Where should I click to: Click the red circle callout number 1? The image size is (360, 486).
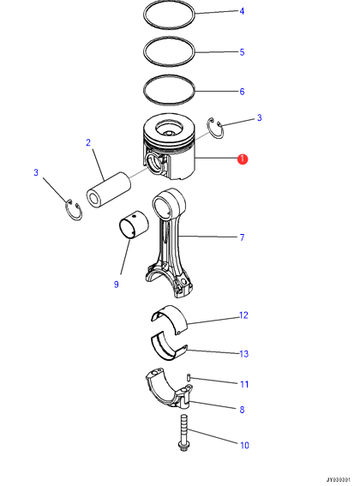tap(243, 159)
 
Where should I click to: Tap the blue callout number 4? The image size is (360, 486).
tap(242, 11)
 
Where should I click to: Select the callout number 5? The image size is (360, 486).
tap(242, 52)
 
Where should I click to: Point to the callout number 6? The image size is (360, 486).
tap(242, 92)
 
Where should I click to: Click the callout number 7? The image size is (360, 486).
tap(243, 237)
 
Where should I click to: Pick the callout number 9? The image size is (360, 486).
tap(117, 285)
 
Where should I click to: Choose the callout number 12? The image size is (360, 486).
tap(243, 315)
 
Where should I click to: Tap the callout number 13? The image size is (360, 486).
tap(244, 354)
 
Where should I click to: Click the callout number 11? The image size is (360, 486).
tap(244, 384)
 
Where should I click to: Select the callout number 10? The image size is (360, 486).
tap(244, 446)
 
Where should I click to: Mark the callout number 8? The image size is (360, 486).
tap(243, 410)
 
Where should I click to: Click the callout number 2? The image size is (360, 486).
tap(88, 142)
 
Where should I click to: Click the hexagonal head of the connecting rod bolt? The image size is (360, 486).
tap(183, 447)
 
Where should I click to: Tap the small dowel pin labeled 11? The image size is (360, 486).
tap(189, 378)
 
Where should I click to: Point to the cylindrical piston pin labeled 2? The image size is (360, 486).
tap(108, 190)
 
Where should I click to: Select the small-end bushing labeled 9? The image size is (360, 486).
tap(134, 225)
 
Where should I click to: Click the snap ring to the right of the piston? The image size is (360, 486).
tap(215, 128)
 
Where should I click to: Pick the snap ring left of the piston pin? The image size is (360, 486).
tap(74, 210)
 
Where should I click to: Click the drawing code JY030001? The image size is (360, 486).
tap(338, 480)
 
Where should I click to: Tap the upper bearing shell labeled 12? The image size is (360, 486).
tap(170, 318)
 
